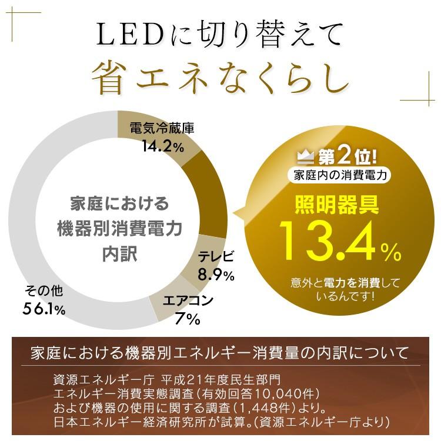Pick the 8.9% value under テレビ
pyautogui.click(x=216, y=274)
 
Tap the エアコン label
pyautogui.click(x=188, y=302)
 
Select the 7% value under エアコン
pyautogui.click(x=188, y=320)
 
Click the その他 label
pyautogui.click(x=44, y=290)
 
